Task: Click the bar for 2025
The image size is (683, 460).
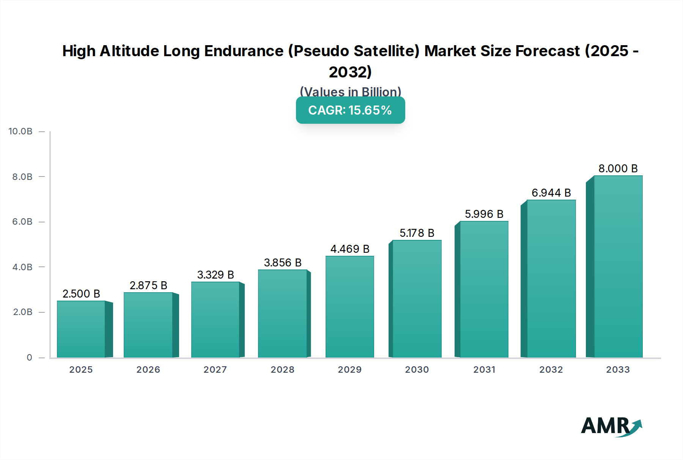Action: (x=81, y=329)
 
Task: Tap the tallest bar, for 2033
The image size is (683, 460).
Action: (x=618, y=266)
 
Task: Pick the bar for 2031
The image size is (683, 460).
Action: (x=484, y=289)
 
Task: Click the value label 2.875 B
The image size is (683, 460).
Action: (x=148, y=285)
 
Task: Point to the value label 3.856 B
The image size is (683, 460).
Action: (x=283, y=263)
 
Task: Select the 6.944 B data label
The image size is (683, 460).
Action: (x=551, y=193)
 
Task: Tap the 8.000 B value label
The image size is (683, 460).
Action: (x=618, y=169)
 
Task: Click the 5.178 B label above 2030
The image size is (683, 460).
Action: (x=417, y=233)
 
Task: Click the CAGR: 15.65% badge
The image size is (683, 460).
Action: (x=350, y=110)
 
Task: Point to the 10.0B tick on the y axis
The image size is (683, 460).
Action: (x=20, y=131)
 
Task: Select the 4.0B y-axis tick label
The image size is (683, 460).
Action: (x=22, y=267)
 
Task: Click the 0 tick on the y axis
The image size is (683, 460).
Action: (x=29, y=358)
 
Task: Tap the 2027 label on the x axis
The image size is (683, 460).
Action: (x=215, y=370)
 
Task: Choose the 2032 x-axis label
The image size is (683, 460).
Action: (x=551, y=370)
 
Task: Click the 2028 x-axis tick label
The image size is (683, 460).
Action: (x=282, y=370)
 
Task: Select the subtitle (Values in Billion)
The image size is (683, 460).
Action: (x=350, y=91)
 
